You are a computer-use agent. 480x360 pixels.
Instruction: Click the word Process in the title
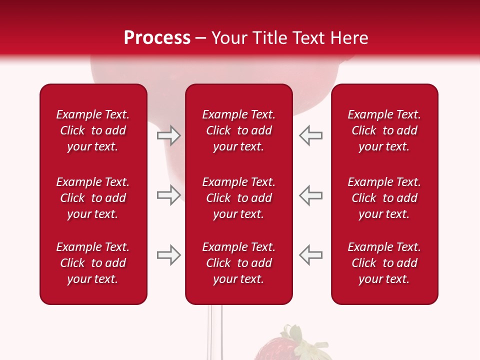[x=157, y=38]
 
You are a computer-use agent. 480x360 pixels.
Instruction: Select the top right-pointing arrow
[x=168, y=135]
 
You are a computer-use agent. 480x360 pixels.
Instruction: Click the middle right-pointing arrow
[x=168, y=195]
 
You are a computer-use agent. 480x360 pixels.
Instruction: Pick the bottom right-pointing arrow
[x=168, y=255]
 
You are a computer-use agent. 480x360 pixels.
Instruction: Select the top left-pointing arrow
[x=311, y=135]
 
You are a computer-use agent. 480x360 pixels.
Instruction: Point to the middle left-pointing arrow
[x=311, y=195]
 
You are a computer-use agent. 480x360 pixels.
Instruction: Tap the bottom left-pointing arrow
[x=311, y=255]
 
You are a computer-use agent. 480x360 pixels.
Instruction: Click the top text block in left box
[x=93, y=130]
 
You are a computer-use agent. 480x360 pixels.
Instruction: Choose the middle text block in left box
[x=93, y=198]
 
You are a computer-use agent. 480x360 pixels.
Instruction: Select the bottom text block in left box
[x=93, y=263]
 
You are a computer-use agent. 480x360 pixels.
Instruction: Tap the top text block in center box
[x=238, y=130]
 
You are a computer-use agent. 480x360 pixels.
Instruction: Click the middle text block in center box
[x=238, y=198]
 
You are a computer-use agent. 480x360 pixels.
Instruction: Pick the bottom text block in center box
[x=238, y=263]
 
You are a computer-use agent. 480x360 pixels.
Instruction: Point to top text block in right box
[x=384, y=130]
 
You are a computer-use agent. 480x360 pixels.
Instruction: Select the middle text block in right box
[x=384, y=198]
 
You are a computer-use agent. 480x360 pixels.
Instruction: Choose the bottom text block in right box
[x=384, y=263]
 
